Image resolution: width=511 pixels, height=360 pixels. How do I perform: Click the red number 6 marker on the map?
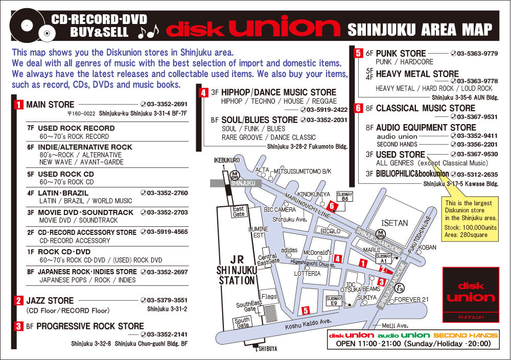tap(332, 206)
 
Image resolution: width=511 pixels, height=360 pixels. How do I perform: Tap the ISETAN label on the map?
tap(394, 223)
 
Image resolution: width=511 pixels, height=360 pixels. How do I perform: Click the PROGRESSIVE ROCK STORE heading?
tap(90, 326)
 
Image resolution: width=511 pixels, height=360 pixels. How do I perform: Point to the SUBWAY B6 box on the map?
tap(345, 197)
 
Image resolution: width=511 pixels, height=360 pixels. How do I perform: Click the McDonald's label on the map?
tap(318, 252)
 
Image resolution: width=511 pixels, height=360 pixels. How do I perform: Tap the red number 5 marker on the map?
tap(306, 310)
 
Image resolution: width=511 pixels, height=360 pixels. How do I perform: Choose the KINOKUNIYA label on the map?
tap(313, 194)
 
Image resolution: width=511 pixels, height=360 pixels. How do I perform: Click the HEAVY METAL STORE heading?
tap(417, 74)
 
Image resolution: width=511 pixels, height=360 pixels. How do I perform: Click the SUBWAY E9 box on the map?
tap(334, 301)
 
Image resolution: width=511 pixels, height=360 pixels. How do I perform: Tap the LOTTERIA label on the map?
tap(307, 274)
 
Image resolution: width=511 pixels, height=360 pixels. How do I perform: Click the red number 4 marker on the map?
tap(337, 258)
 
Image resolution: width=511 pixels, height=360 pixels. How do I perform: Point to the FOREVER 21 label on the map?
tap(411, 299)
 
